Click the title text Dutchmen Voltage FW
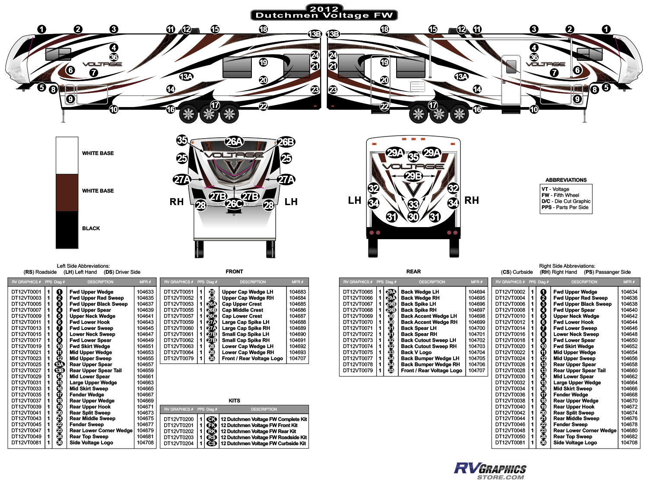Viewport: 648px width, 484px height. point(324,16)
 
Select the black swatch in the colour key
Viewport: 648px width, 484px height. point(67,229)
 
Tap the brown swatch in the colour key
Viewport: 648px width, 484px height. point(67,193)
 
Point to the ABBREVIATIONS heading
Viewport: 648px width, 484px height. point(566,180)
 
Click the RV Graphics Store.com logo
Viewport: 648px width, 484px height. point(490,471)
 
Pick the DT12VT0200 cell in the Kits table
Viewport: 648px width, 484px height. point(179,419)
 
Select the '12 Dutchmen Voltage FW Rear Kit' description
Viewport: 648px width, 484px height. point(258,431)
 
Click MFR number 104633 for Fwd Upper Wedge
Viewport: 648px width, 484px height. point(145,292)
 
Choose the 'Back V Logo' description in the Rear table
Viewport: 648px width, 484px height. point(416,352)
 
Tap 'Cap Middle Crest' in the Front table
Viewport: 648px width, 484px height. point(242,310)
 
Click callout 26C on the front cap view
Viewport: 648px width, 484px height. point(234,203)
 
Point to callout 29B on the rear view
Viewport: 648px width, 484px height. point(413,176)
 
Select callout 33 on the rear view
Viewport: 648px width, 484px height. point(413,204)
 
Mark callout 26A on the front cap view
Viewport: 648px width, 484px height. point(234,142)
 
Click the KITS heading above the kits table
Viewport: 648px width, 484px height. point(234,401)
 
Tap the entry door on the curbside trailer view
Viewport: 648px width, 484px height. point(511,80)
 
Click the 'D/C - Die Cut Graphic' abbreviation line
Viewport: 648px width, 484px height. point(566,201)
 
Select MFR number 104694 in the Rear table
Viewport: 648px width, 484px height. point(476,292)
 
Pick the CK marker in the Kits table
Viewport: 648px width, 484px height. point(212,419)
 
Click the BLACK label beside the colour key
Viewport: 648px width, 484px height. point(91,228)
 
